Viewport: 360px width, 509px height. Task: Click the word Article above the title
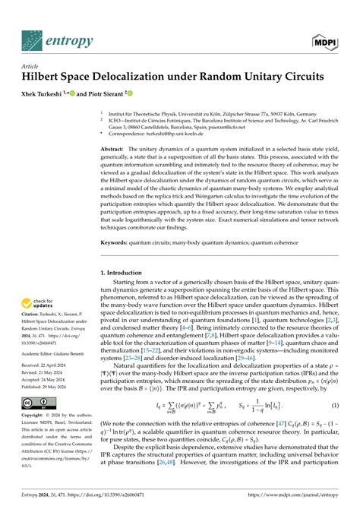point(16,66)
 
